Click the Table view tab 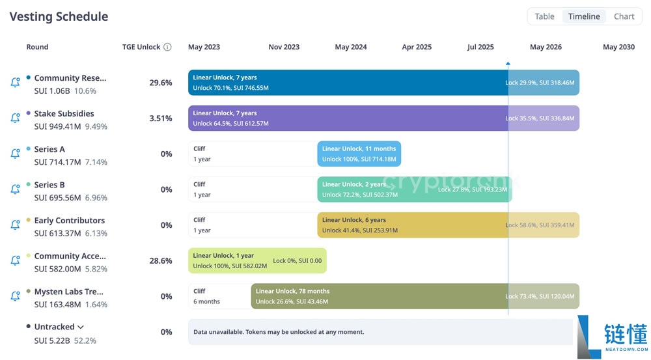pos(544,16)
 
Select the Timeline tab pos(584,16)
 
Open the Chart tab pos(624,16)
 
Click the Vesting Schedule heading pos(59,17)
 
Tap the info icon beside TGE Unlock pos(167,47)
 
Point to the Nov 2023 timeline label pos(284,47)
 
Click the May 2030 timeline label pos(618,47)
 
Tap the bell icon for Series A pos(15,154)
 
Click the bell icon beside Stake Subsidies pos(15,118)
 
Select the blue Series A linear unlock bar pos(359,154)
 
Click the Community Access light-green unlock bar pos(257,260)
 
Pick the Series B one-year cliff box pos(252,189)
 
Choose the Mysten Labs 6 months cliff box pos(219,296)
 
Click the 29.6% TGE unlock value pos(161,83)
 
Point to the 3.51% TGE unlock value pos(161,118)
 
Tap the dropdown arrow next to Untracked pos(80,327)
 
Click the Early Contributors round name pos(69,220)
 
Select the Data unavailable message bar pos(380,332)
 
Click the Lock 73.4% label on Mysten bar pos(540,296)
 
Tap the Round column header pos(37,47)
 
